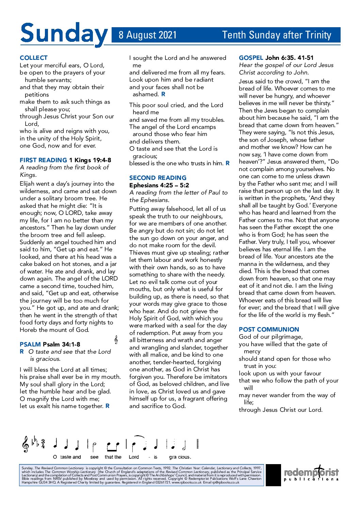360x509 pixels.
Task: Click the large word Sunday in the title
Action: point(64,34)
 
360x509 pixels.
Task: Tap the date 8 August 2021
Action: point(148,35)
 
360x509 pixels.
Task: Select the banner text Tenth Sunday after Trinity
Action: point(276,35)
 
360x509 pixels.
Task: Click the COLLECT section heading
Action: point(34,58)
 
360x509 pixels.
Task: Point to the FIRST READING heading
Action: point(43,160)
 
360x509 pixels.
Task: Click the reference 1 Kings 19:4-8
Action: point(90,160)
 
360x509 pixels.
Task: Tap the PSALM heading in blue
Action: point(30,344)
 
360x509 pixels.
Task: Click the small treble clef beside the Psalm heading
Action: point(116,340)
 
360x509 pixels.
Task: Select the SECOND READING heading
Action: point(158,178)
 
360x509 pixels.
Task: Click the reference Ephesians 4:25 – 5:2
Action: point(159,185)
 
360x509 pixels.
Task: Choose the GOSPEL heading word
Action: point(251,58)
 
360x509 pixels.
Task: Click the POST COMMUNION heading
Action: point(269,329)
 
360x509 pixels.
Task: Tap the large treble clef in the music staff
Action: point(25,444)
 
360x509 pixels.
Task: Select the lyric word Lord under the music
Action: point(134,457)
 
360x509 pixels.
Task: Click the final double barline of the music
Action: point(197,444)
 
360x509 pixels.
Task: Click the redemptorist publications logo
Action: point(311,474)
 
